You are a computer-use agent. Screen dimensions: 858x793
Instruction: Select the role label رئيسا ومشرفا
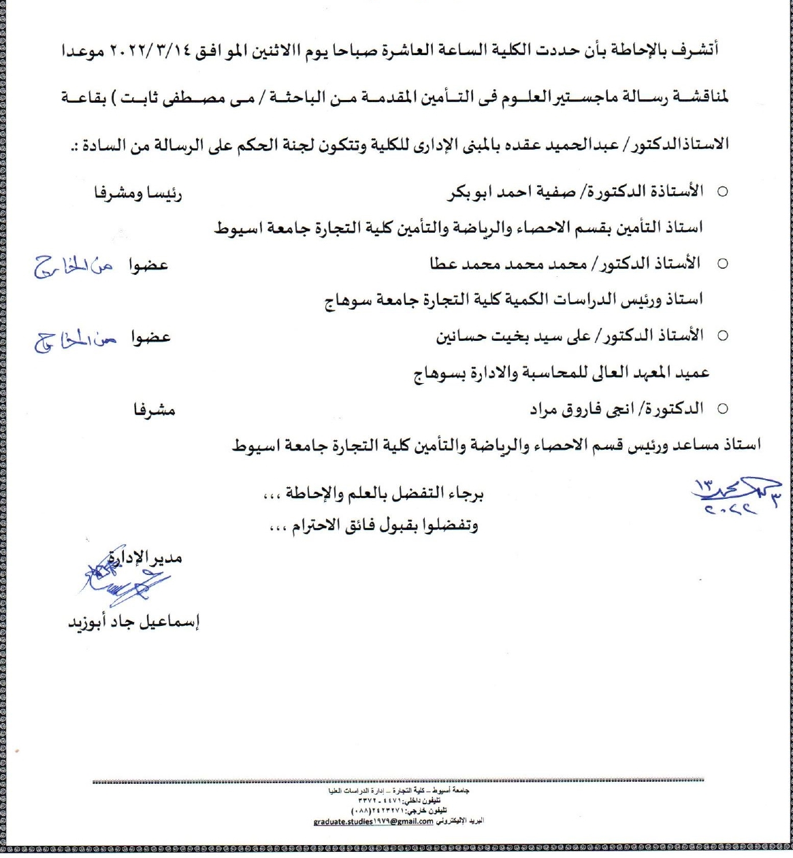[138, 193]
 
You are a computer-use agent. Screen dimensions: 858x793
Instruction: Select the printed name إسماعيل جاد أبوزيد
[133, 622]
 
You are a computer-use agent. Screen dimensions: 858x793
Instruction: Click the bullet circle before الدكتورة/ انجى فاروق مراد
[723, 409]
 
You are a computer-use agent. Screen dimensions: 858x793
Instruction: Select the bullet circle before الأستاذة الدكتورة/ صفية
[723, 193]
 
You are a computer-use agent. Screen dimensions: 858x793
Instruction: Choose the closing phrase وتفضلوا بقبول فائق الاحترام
[374, 526]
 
